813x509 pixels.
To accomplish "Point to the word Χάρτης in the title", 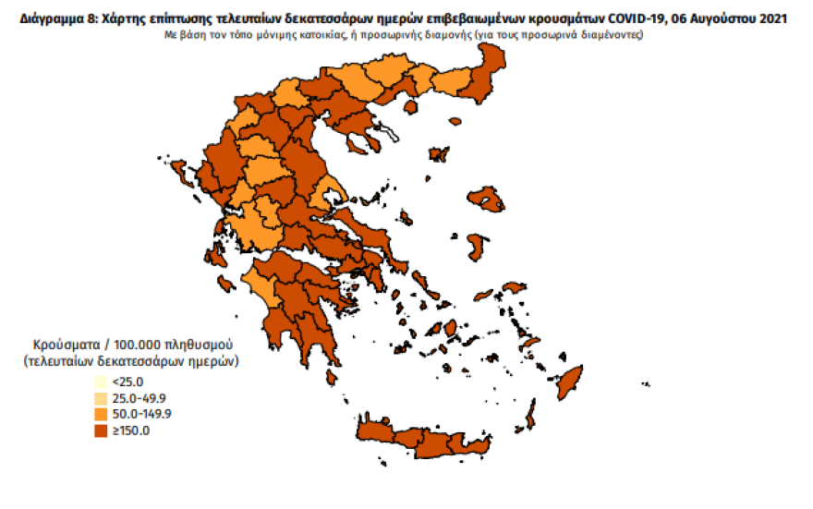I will tap(119, 18).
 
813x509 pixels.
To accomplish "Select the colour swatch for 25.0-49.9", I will tap(99, 398).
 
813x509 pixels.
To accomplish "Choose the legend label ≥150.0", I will tap(130, 430).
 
